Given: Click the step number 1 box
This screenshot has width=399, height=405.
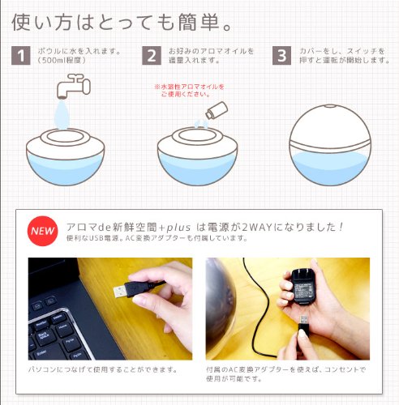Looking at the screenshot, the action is point(21,56).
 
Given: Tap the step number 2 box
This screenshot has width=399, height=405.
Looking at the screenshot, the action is point(152,56).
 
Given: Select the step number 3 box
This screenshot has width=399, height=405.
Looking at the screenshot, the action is point(281,56).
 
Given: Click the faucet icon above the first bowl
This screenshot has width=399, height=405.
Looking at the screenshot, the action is point(74,86).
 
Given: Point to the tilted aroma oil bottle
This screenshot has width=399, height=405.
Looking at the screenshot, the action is point(217,110).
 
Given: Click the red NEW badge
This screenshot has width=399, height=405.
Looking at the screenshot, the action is point(42,231).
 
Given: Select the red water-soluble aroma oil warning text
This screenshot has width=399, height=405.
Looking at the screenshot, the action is point(189,91).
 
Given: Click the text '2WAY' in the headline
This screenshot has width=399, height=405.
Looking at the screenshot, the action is point(256,228).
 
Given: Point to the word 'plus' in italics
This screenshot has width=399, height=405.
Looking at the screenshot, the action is point(178,228).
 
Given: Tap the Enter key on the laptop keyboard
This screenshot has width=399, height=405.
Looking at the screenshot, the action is point(42,352).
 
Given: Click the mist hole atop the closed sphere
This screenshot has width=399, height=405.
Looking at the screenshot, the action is point(328,106).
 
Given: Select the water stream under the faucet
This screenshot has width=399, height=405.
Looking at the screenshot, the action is point(62,115).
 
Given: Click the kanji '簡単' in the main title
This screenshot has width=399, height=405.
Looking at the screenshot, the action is point(199,22).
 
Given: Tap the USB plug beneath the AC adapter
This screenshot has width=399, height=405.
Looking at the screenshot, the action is point(303,326).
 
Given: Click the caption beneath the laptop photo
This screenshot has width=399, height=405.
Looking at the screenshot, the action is point(103,369).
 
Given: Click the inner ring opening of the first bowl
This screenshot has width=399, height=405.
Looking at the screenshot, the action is point(65,136).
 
